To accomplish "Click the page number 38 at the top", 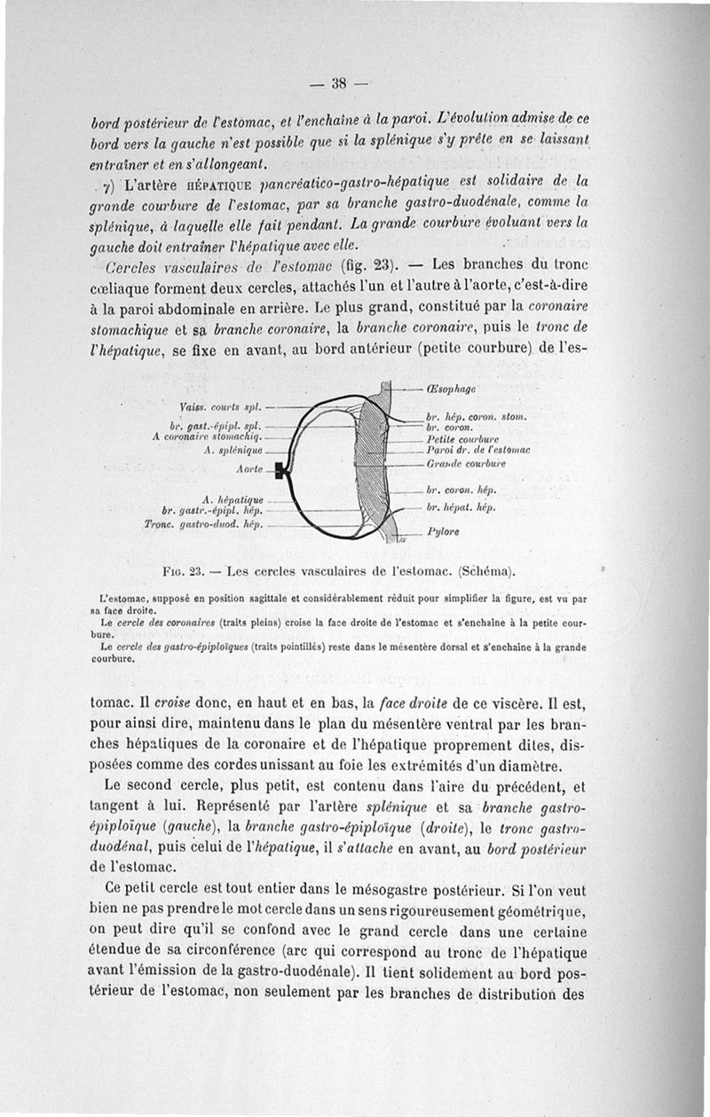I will (337, 85).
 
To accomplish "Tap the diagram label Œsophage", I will (453, 389).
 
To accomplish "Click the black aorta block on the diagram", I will (280, 472).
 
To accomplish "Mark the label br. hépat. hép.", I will (460, 508).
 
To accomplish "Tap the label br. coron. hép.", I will (460, 490).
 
